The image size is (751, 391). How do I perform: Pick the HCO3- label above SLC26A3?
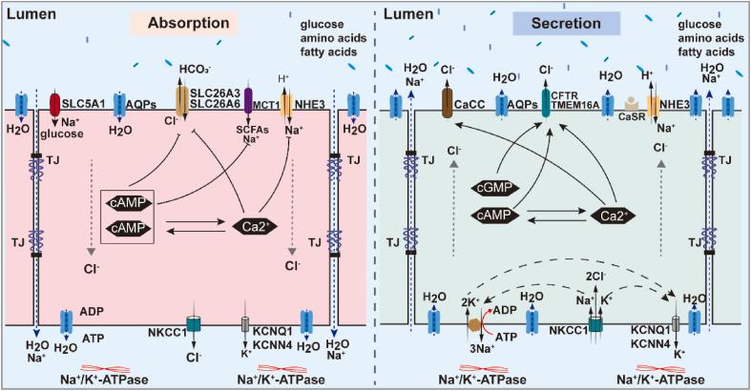(192, 71)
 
